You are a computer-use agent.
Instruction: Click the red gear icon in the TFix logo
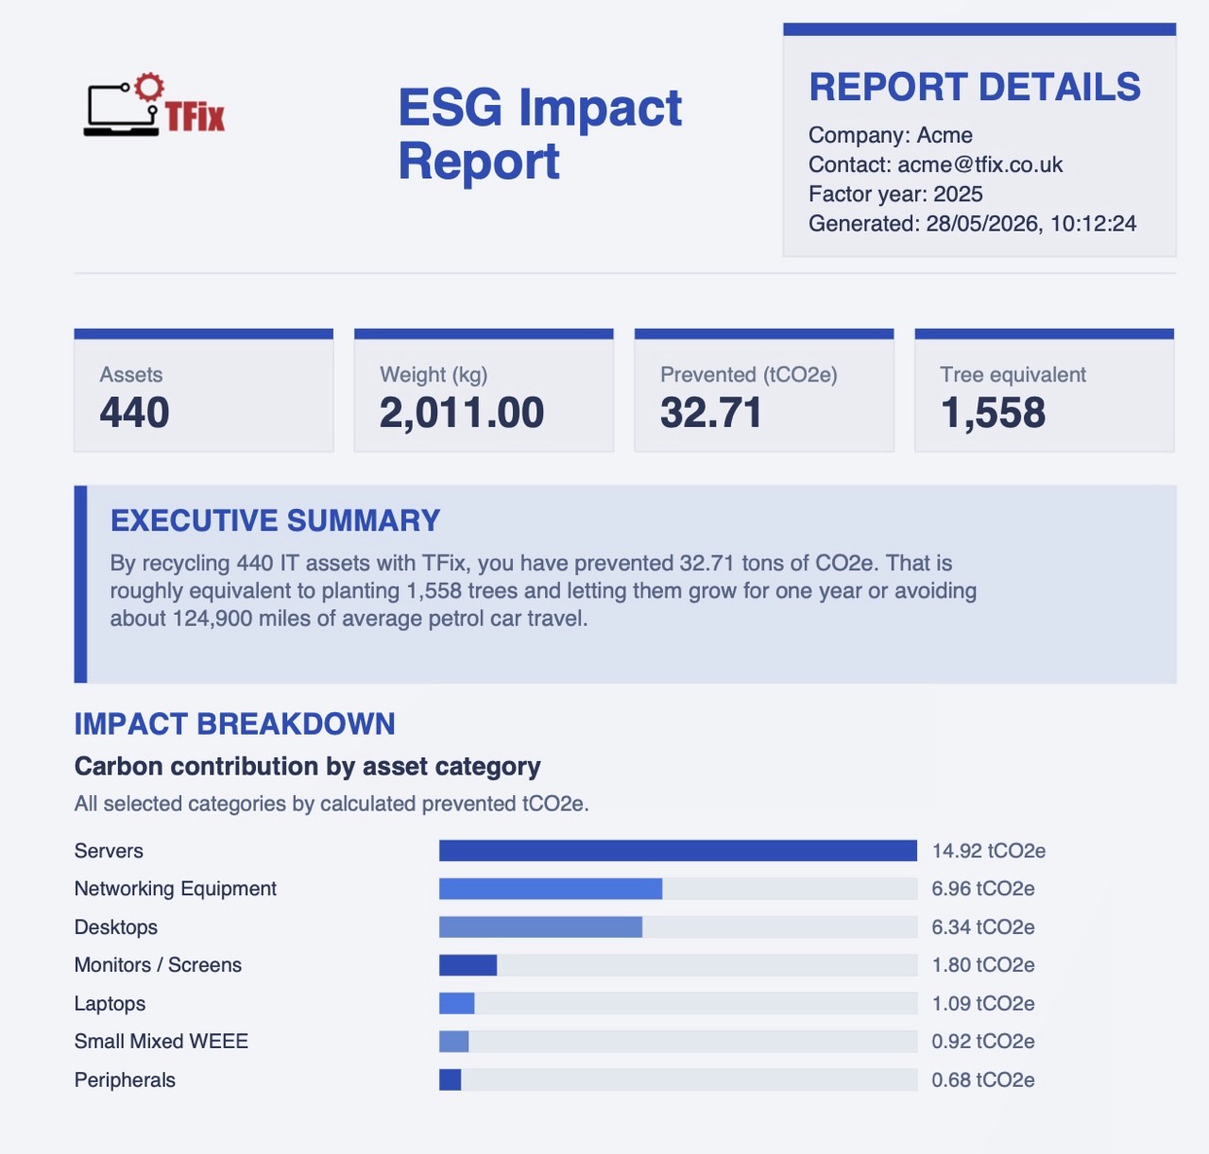pos(149,87)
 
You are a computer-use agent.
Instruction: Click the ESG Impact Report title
pos(540,133)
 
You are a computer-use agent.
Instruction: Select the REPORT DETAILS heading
pos(974,86)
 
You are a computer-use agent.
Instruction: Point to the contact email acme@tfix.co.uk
pos(979,164)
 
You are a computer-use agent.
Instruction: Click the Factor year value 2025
pos(958,194)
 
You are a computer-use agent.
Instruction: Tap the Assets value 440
pos(134,412)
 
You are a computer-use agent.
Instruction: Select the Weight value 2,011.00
pos(462,413)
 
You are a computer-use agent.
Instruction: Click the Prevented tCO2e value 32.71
pos(710,412)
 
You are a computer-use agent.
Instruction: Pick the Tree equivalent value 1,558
pos(993,413)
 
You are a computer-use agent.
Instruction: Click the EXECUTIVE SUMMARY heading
pos(275,520)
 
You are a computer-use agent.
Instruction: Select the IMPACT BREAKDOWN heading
pos(234,723)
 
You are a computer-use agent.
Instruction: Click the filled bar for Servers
pos(678,850)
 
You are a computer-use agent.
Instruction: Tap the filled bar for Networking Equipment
pos(551,889)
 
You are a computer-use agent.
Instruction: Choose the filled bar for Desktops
pos(540,926)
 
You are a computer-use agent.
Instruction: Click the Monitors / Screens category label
pos(158,964)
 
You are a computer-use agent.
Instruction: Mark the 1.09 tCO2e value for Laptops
pos(983,1003)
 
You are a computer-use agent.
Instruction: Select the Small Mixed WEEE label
pos(161,1041)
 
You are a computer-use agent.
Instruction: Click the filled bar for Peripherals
pos(450,1079)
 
